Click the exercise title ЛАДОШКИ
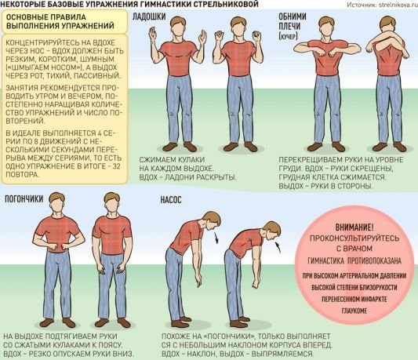pyautogui.click(x=149, y=16)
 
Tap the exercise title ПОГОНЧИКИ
pyautogui.click(x=24, y=198)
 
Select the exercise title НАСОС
pyautogui.click(x=171, y=199)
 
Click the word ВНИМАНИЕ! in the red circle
pyautogui.click(x=354, y=227)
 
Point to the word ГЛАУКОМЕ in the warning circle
pyautogui.click(x=354, y=311)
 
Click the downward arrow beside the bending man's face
pyautogui.click(x=216, y=238)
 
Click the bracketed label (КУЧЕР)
pyautogui.click(x=288, y=36)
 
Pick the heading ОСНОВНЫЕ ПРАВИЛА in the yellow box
pyautogui.click(x=45, y=17)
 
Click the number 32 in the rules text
pyautogui.click(x=117, y=165)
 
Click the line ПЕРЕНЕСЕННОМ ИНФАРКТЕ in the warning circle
pyautogui.click(x=354, y=299)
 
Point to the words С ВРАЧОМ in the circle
pyautogui.click(x=354, y=249)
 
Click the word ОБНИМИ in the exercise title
pyautogui.click(x=293, y=16)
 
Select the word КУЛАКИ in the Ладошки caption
pyautogui.click(x=191, y=160)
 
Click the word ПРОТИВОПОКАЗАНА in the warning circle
pyautogui.click(x=374, y=260)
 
